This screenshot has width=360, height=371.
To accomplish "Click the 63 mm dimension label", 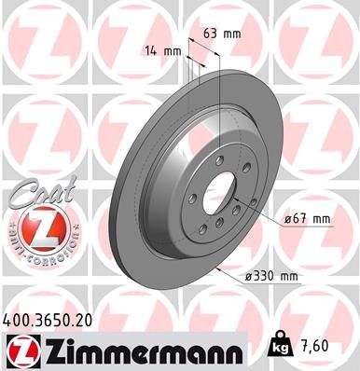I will click(221, 34).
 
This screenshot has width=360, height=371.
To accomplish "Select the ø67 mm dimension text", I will click(306, 218).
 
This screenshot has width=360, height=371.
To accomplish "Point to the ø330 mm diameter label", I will click(271, 277).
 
